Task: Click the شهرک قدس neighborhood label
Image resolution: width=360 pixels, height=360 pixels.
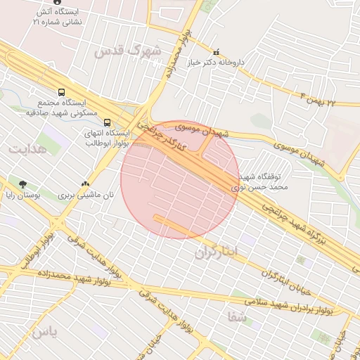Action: point(127,51)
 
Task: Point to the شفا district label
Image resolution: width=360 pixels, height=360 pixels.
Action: point(237,316)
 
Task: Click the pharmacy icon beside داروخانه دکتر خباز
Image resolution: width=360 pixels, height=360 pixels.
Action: point(216,51)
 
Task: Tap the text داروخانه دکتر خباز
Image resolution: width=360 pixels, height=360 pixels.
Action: point(216,62)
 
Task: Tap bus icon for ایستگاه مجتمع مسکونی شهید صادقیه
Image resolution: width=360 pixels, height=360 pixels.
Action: point(63,92)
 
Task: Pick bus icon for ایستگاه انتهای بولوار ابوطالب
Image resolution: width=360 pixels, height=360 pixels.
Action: point(107,121)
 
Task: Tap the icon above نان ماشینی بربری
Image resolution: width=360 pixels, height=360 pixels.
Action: point(86,184)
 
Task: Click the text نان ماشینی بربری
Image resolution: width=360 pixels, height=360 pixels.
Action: point(86,195)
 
